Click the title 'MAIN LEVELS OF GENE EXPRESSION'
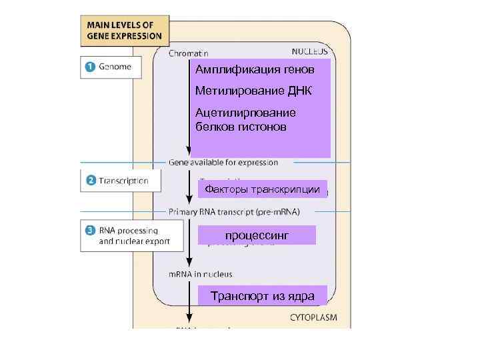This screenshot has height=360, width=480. click(x=124, y=30)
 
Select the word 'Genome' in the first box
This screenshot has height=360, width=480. click(x=115, y=67)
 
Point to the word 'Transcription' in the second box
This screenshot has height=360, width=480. click(x=124, y=181)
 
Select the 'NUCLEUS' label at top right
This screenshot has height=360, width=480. click(x=309, y=51)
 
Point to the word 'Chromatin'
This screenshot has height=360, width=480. click(x=189, y=53)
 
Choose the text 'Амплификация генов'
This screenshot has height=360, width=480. click(x=254, y=70)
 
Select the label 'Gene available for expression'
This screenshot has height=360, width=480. click(x=223, y=162)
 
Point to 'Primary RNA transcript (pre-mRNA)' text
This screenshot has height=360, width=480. click(x=233, y=211)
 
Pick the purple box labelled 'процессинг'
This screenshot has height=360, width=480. click(x=257, y=235)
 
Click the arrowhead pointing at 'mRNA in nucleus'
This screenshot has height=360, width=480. click(x=190, y=263)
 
